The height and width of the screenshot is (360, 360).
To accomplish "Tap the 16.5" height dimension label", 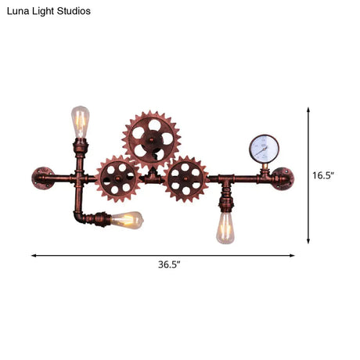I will pos(323,175).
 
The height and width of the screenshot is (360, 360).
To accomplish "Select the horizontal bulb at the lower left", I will pos(125,220).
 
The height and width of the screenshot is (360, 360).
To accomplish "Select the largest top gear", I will pos(151,139).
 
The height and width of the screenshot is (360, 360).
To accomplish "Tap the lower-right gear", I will pos(186,179).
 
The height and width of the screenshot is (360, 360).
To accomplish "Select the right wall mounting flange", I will pos(283,178).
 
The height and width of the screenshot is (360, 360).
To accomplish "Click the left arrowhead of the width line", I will pos(34,254).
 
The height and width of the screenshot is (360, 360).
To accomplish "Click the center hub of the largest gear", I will pos(151,139).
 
